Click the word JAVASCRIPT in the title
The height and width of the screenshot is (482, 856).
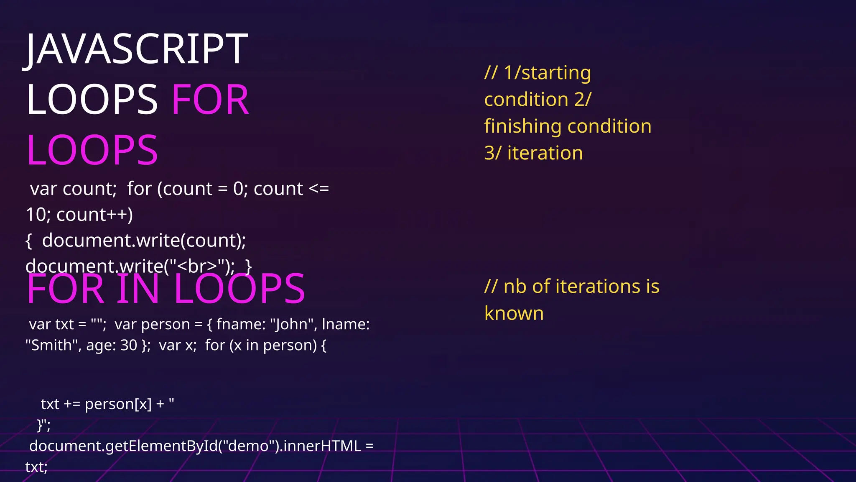(136, 49)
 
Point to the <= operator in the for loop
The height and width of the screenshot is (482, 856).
(318, 189)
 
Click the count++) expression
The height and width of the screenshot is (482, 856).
(94, 215)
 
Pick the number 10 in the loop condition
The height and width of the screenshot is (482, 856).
(36, 215)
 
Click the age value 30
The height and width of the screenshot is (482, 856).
(129, 346)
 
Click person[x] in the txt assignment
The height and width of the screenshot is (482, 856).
(118, 405)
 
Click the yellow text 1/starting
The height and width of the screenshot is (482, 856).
(547, 73)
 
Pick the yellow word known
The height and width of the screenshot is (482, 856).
(514, 314)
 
